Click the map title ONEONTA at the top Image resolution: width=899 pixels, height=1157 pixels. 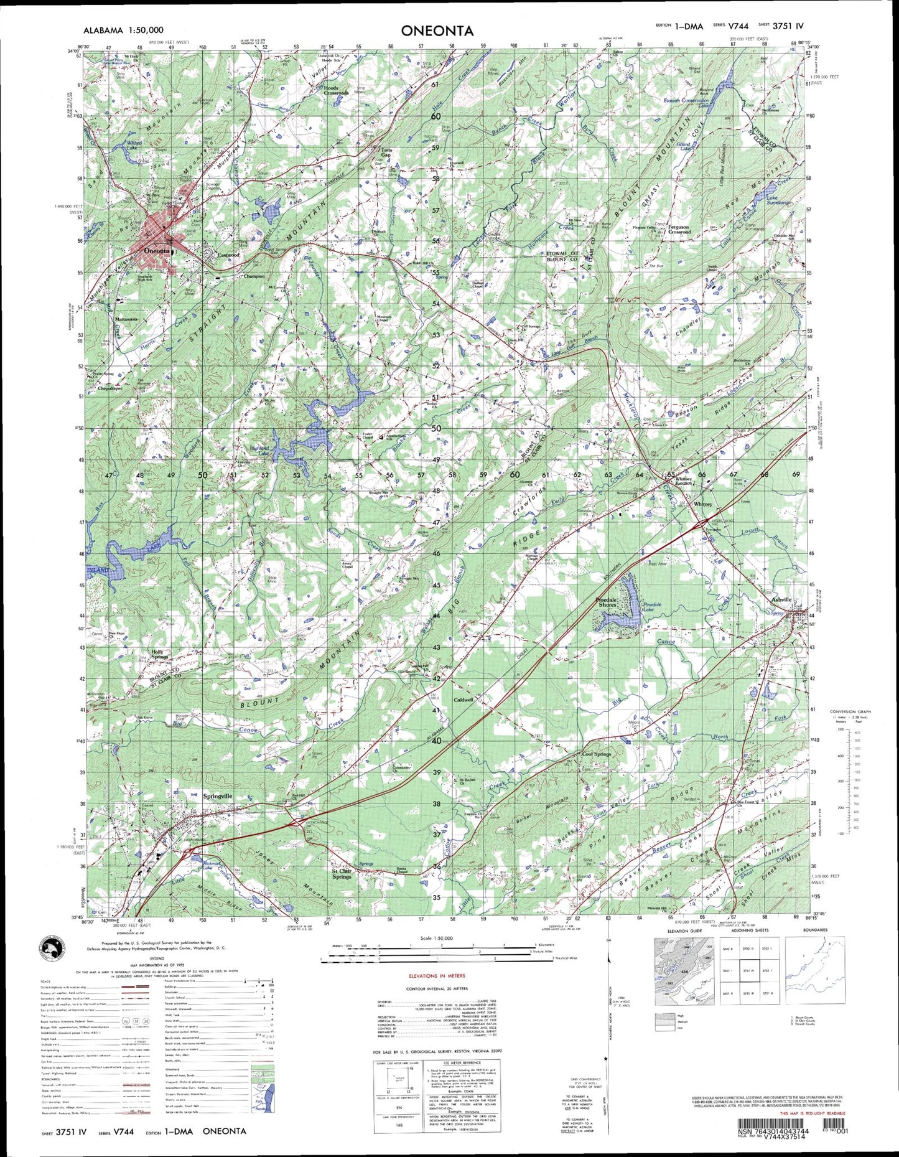point(437,31)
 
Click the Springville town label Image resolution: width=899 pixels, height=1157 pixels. point(218,796)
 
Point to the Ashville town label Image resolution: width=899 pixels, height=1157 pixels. point(781,599)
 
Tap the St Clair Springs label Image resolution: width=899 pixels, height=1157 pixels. point(342,874)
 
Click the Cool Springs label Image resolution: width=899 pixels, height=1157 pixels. point(595,754)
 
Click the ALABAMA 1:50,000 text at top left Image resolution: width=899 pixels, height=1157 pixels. point(123,30)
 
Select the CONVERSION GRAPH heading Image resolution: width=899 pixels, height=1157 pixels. point(850,711)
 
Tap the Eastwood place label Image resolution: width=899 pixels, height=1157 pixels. point(222,255)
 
